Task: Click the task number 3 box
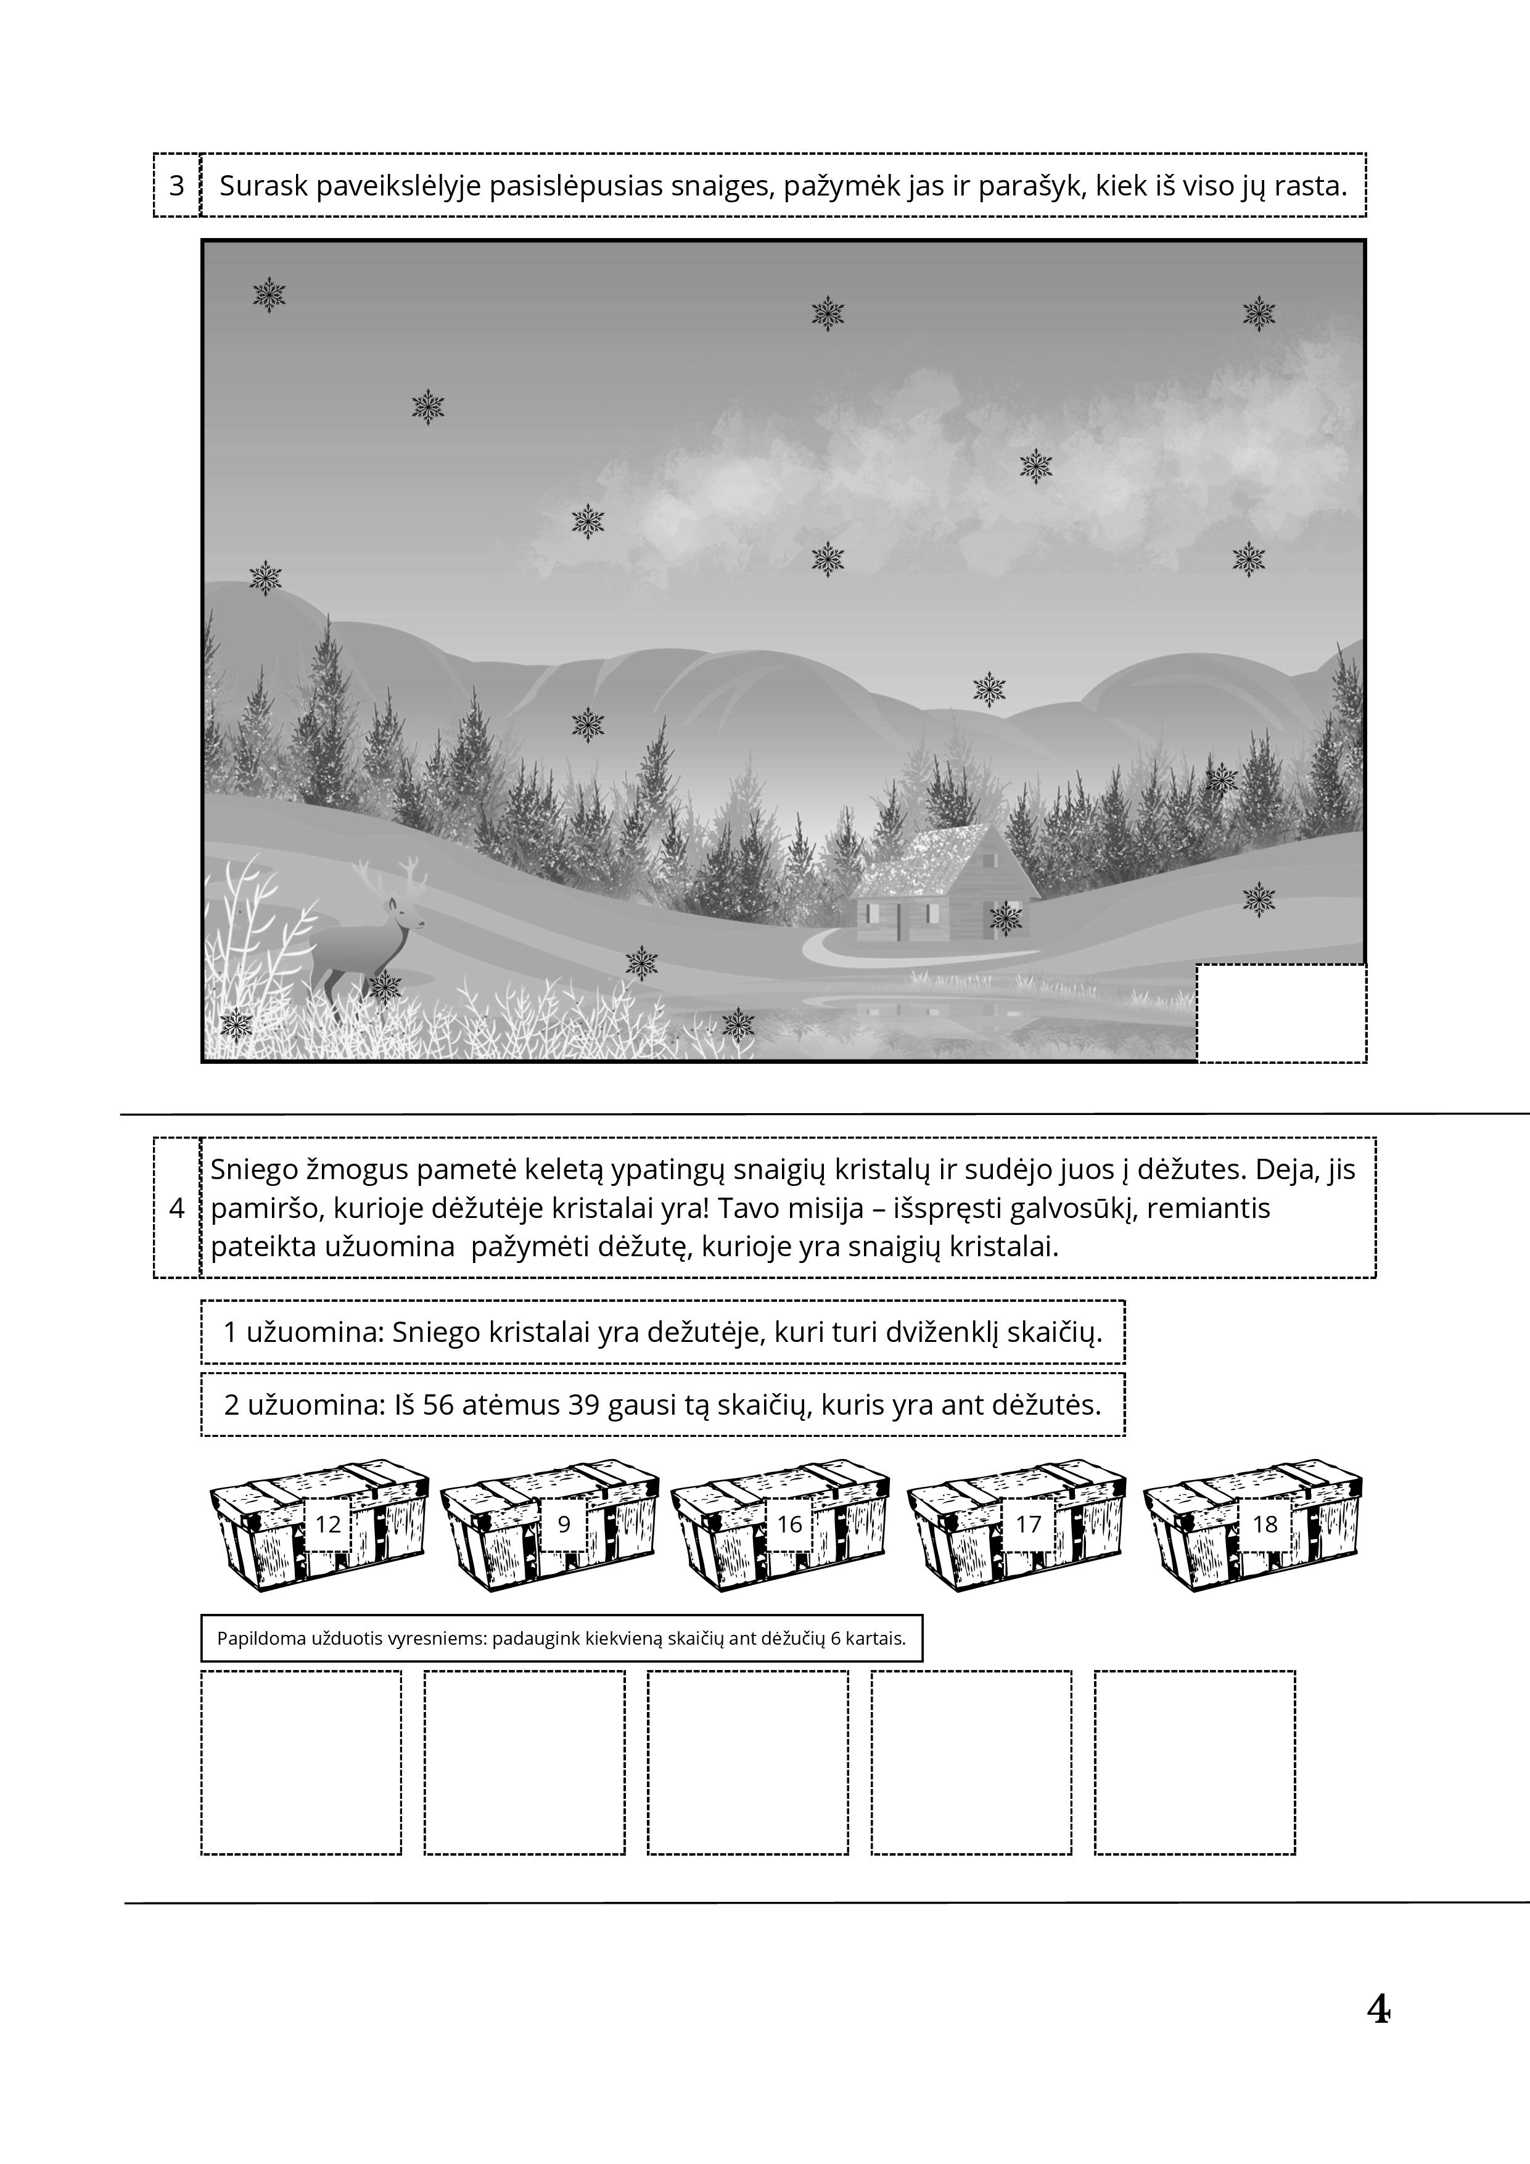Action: coord(176,185)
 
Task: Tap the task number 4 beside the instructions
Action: coord(176,1207)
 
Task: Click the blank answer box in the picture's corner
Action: coord(1281,1013)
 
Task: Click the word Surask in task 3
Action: coord(264,186)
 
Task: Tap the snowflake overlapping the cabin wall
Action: coord(1006,918)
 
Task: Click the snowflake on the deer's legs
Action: coord(385,988)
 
